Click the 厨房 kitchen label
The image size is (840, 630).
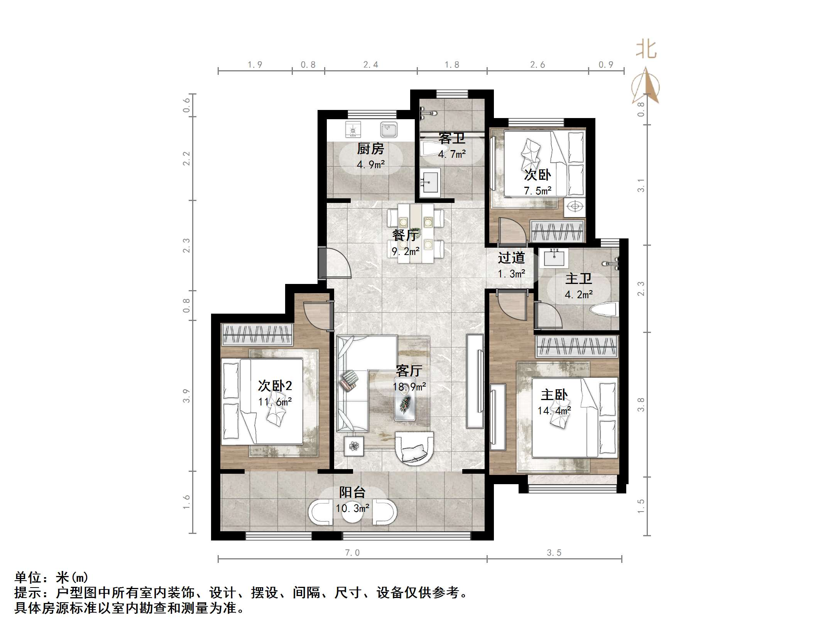click(x=370, y=149)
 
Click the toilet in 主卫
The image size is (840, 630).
click(x=604, y=310)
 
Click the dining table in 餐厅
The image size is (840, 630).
click(x=416, y=233)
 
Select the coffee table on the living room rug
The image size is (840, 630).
click(x=405, y=404)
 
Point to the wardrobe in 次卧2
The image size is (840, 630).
click(x=257, y=334)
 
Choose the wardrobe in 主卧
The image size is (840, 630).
click(x=576, y=346)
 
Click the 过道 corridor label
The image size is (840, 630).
click(x=511, y=258)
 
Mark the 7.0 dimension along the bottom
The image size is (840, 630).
click(x=352, y=552)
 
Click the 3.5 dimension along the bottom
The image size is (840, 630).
click(x=554, y=552)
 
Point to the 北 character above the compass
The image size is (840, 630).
click(x=646, y=50)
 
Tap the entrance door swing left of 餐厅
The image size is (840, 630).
click(x=335, y=263)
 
